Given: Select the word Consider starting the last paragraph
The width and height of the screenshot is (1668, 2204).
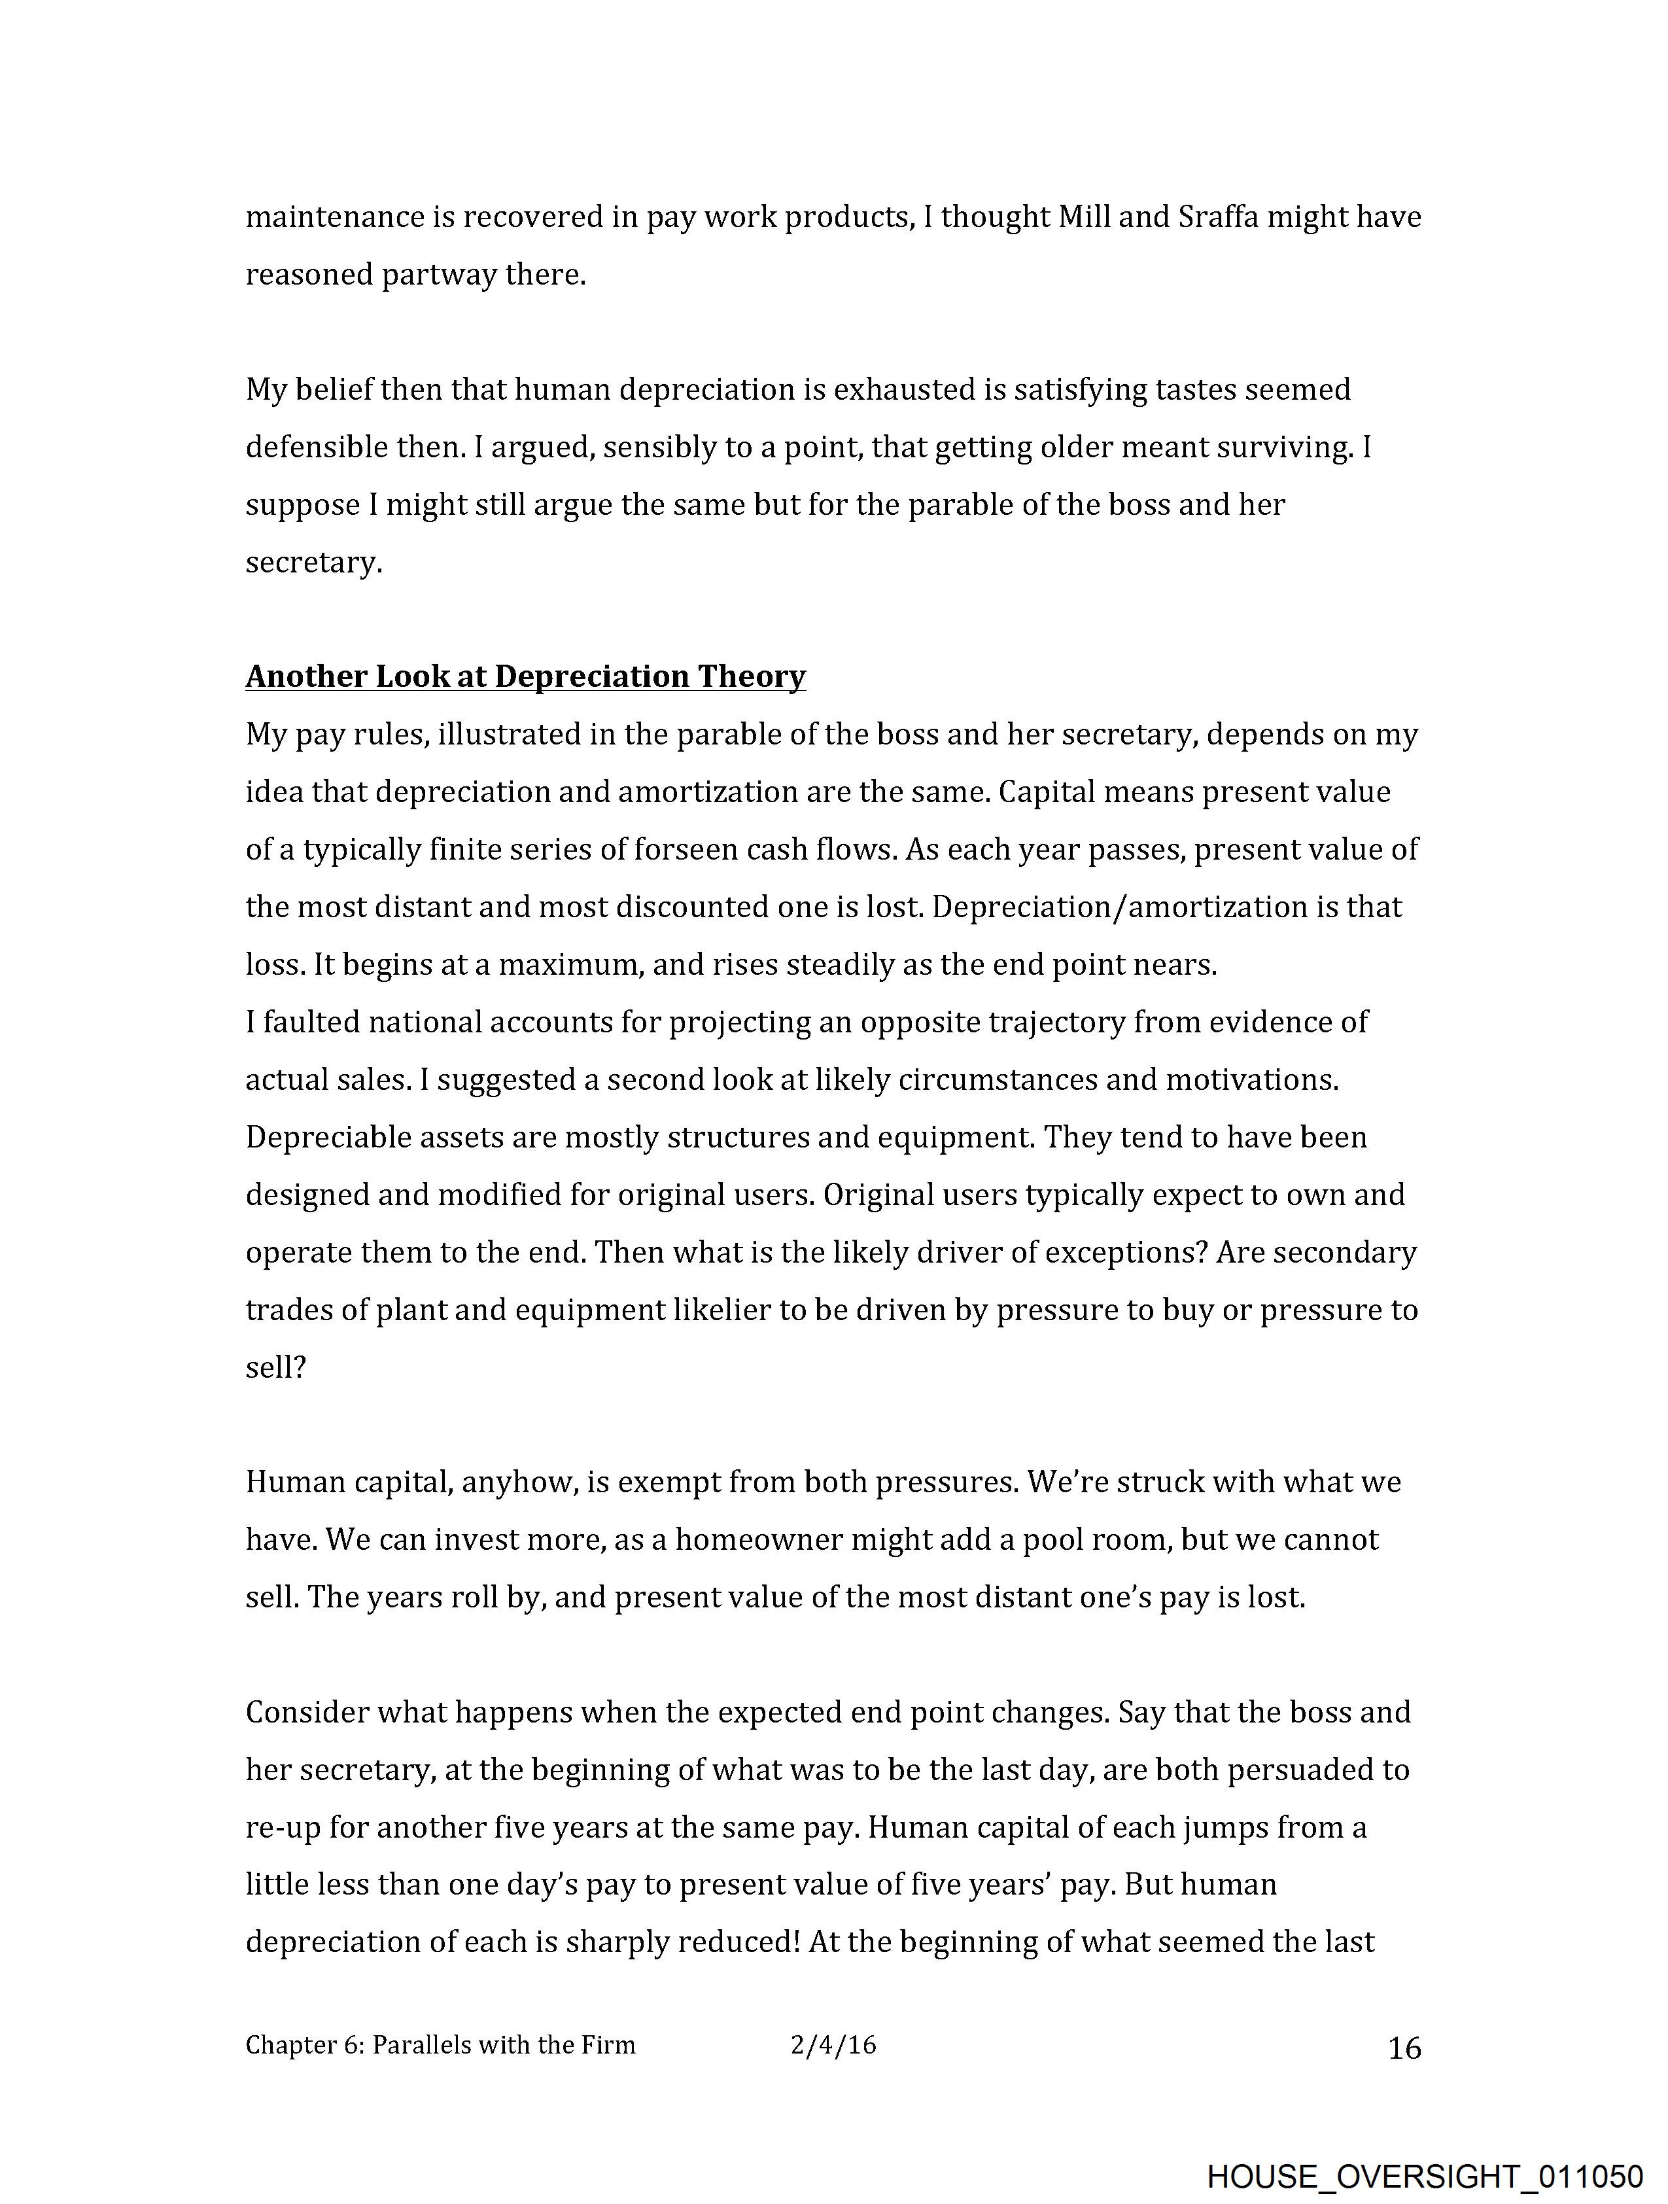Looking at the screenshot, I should click(308, 1712).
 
